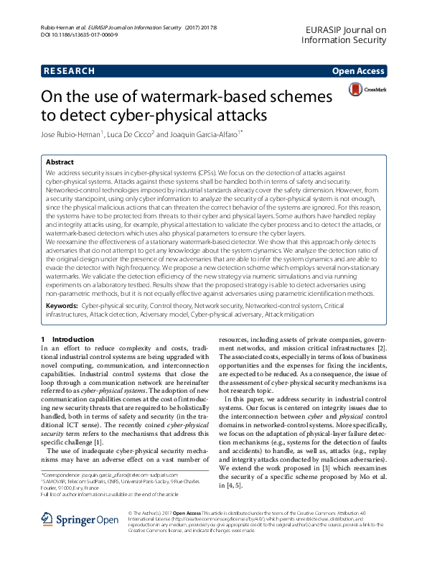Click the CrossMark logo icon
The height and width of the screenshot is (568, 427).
pos(357,90)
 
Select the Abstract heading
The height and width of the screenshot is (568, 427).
pos(60,163)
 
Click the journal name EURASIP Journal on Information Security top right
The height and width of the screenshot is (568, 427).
pos(345,34)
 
